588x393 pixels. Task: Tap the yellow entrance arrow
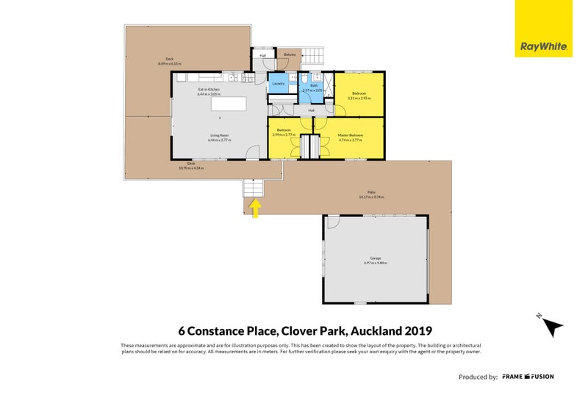click(x=255, y=209)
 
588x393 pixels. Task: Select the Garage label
click(x=375, y=258)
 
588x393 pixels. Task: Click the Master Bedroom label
click(x=349, y=134)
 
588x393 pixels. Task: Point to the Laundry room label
click(x=278, y=84)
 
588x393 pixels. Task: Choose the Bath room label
click(x=313, y=85)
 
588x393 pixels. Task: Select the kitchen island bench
click(x=228, y=104)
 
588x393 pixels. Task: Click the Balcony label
click(x=290, y=54)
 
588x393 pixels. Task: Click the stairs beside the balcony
click(x=314, y=55)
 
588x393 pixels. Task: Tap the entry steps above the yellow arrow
click(x=253, y=188)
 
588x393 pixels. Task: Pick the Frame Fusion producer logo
click(x=528, y=377)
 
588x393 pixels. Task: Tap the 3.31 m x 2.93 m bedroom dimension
click(x=359, y=98)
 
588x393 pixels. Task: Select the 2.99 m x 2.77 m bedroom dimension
click(x=283, y=135)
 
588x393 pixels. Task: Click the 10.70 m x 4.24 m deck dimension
click(x=191, y=168)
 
